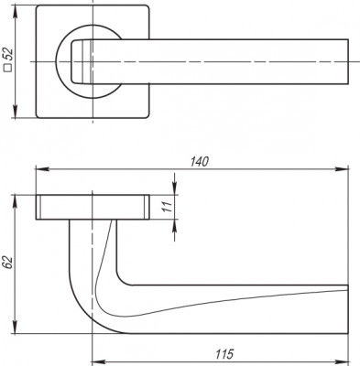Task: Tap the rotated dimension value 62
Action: click(8, 263)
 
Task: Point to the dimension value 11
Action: click(164, 208)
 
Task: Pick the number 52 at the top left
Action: click(8, 57)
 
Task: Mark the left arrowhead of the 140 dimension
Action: click(39, 169)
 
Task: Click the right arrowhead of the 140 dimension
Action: click(346, 169)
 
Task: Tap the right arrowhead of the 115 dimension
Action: click(346, 359)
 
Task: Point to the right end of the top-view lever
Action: click(344, 62)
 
